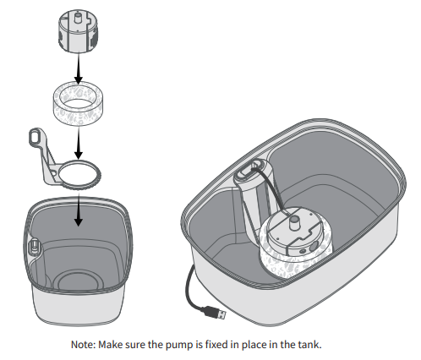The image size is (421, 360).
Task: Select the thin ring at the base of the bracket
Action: pos(77,173)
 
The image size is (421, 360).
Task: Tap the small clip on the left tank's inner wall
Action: pos(36,248)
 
